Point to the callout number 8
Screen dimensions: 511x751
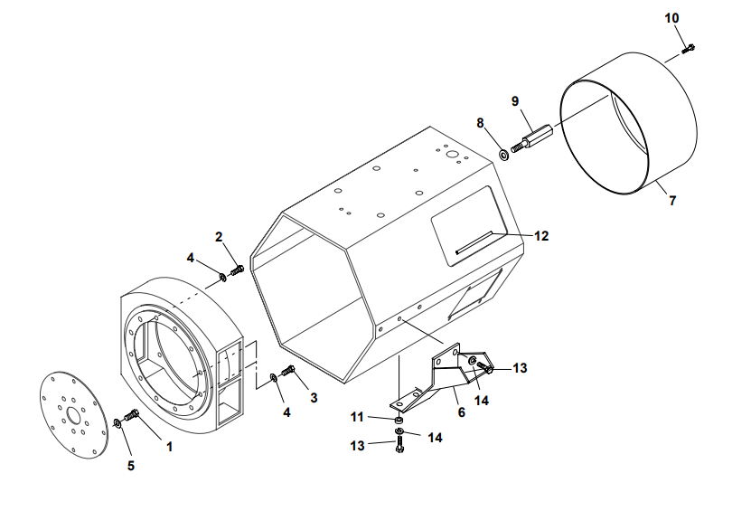coord(481,122)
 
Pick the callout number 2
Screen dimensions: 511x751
coord(219,237)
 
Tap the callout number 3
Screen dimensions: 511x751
coord(314,396)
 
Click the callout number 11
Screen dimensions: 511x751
coord(357,417)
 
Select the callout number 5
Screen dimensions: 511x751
coord(130,466)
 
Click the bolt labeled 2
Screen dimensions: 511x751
coord(238,270)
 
